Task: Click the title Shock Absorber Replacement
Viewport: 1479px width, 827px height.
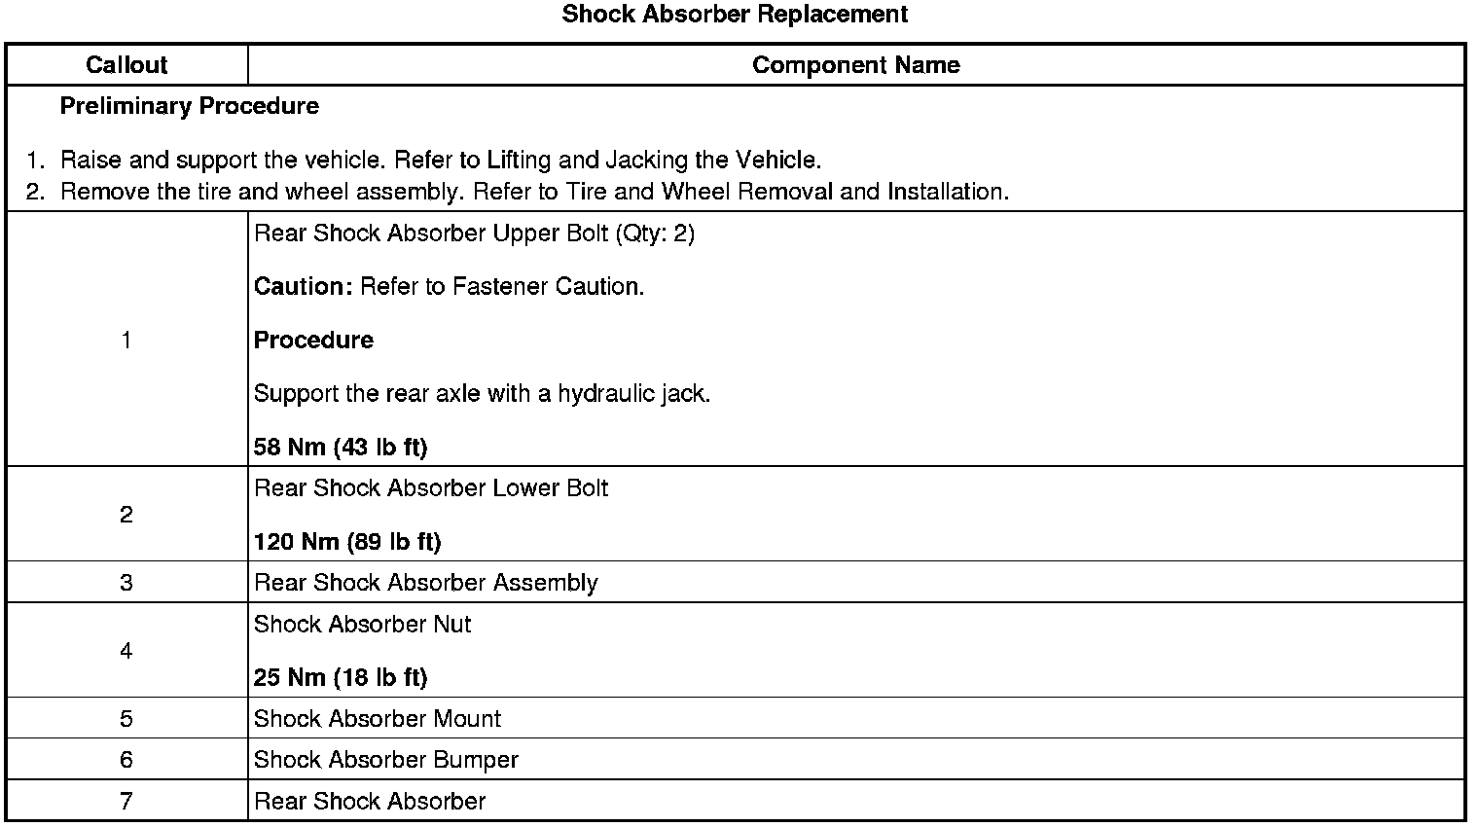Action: pos(735,15)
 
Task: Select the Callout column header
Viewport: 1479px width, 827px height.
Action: pos(126,65)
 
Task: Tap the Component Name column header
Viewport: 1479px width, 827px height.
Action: pos(855,65)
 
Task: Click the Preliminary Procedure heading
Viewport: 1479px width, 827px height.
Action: pos(189,106)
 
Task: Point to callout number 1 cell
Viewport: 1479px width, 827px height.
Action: pos(126,340)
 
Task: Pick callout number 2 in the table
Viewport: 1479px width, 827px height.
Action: pos(126,515)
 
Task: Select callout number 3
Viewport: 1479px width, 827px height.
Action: pos(126,583)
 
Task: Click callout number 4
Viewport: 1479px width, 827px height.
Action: pos(126,651)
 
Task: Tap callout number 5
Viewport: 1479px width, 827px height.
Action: pos(126,719)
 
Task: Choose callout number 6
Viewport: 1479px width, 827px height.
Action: pos(126,760)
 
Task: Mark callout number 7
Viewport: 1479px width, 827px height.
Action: pos(126,802)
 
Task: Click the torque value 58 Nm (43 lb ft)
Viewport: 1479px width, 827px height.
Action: pos(341,448)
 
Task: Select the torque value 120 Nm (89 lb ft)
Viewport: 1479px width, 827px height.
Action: pos(347,542)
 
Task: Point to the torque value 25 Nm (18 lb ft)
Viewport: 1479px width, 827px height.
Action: pos(341,678)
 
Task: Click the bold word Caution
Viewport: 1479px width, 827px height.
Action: pos(303,287)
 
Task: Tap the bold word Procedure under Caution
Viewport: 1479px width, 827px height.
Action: pos(313,341)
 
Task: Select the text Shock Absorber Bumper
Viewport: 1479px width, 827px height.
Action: pos(385,760)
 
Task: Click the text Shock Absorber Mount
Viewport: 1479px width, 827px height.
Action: pos(377,719)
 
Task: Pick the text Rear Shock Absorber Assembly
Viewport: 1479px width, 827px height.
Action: pos(425,583)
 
